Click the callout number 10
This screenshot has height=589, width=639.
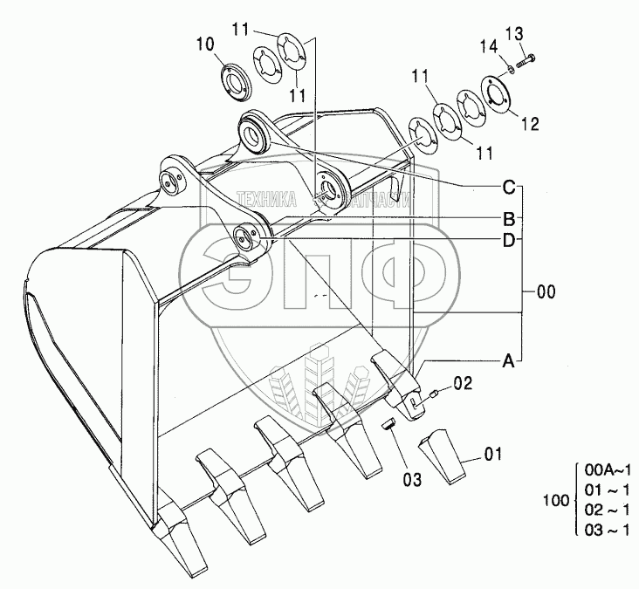204,43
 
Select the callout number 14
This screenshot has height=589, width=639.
488,45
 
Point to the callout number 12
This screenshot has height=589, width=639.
530,125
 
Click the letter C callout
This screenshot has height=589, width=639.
507,187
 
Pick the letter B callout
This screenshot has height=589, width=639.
507,217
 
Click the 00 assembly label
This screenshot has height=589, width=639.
546,292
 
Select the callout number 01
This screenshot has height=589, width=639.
493,454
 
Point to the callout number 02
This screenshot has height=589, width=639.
463,382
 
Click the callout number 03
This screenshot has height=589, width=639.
412,479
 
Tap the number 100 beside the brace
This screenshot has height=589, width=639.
555,502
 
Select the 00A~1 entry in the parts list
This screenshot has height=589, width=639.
607,470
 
